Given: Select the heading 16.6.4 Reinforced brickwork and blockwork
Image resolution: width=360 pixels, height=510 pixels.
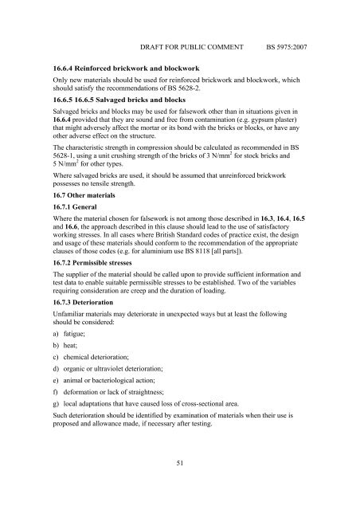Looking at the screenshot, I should coord(125,70).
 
